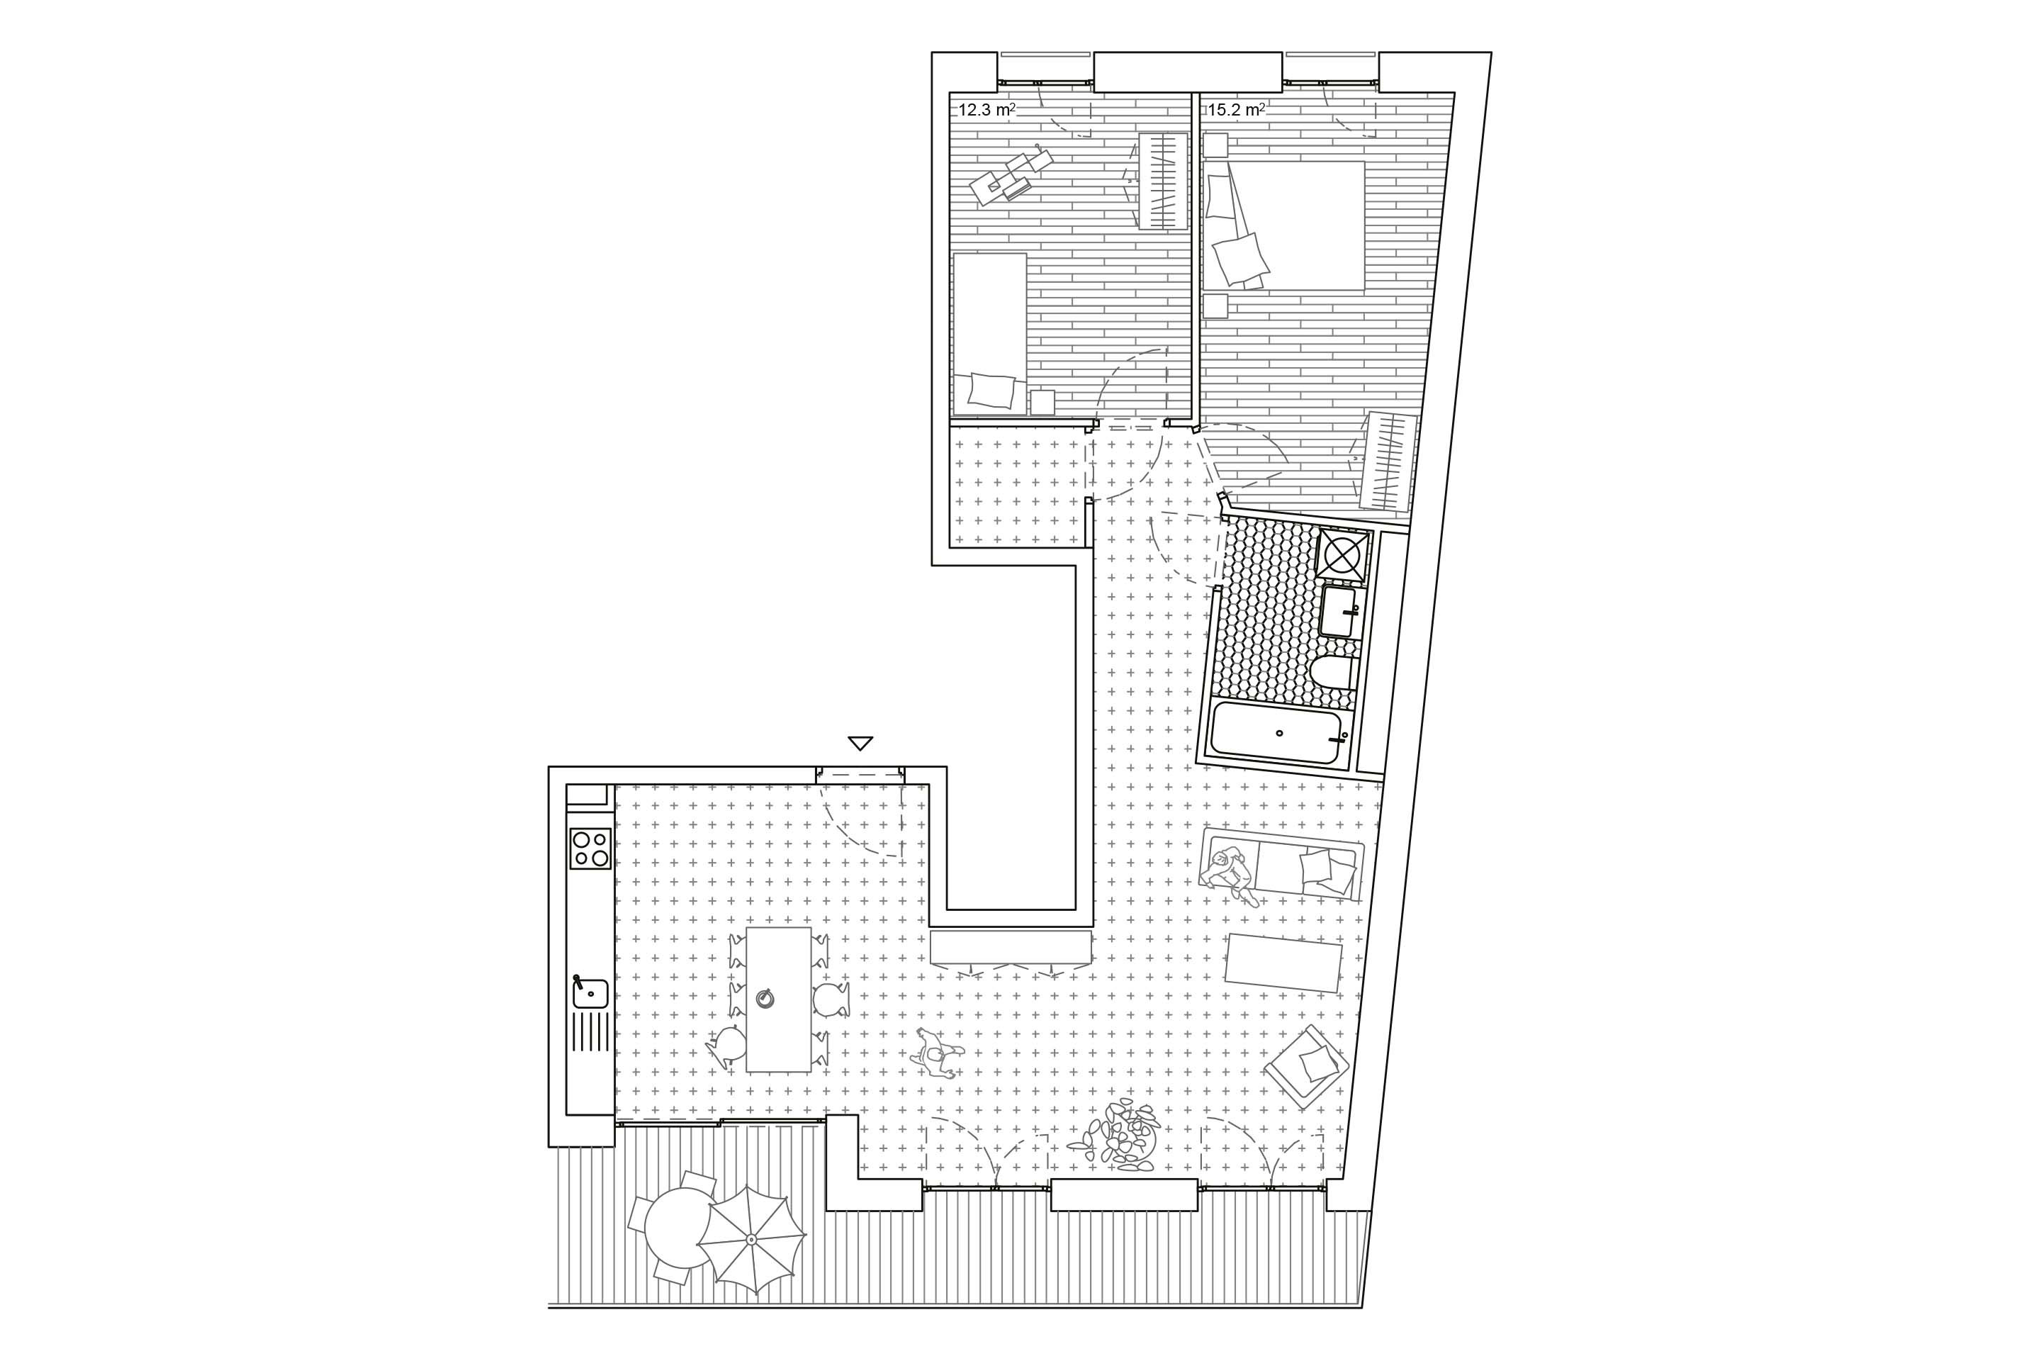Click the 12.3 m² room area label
tap(986, 111)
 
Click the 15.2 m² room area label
tap(1237, 111)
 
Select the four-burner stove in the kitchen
tap(590, 848)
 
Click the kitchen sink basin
tap(591, 992)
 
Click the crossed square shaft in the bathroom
tap(1342, 553)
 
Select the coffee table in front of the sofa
tap(1284, 962)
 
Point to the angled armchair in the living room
tap(1307, 1068)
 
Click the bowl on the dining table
tap(765, 998)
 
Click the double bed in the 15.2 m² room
tap(1283, 225)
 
